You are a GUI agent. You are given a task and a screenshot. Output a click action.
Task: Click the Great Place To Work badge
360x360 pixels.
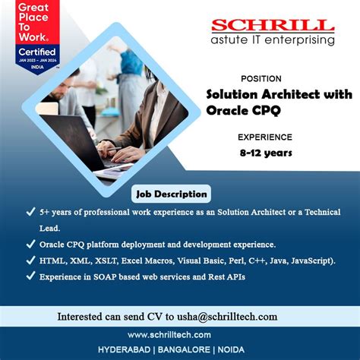(x=26, y=36)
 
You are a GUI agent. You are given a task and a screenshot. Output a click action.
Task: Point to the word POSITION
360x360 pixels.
(x=261, y=78)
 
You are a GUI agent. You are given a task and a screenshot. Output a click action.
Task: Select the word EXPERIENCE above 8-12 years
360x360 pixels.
(x=264, y=137)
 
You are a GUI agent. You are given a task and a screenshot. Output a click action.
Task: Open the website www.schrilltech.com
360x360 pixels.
(x=179, y=334)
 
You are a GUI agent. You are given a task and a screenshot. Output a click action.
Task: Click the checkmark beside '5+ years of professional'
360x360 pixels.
(x=29, y=213)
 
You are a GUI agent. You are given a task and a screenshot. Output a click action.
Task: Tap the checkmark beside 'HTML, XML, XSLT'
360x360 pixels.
(x=29, y=261)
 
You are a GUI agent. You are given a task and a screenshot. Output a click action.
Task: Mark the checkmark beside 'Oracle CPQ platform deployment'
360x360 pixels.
(x=29, y=245)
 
